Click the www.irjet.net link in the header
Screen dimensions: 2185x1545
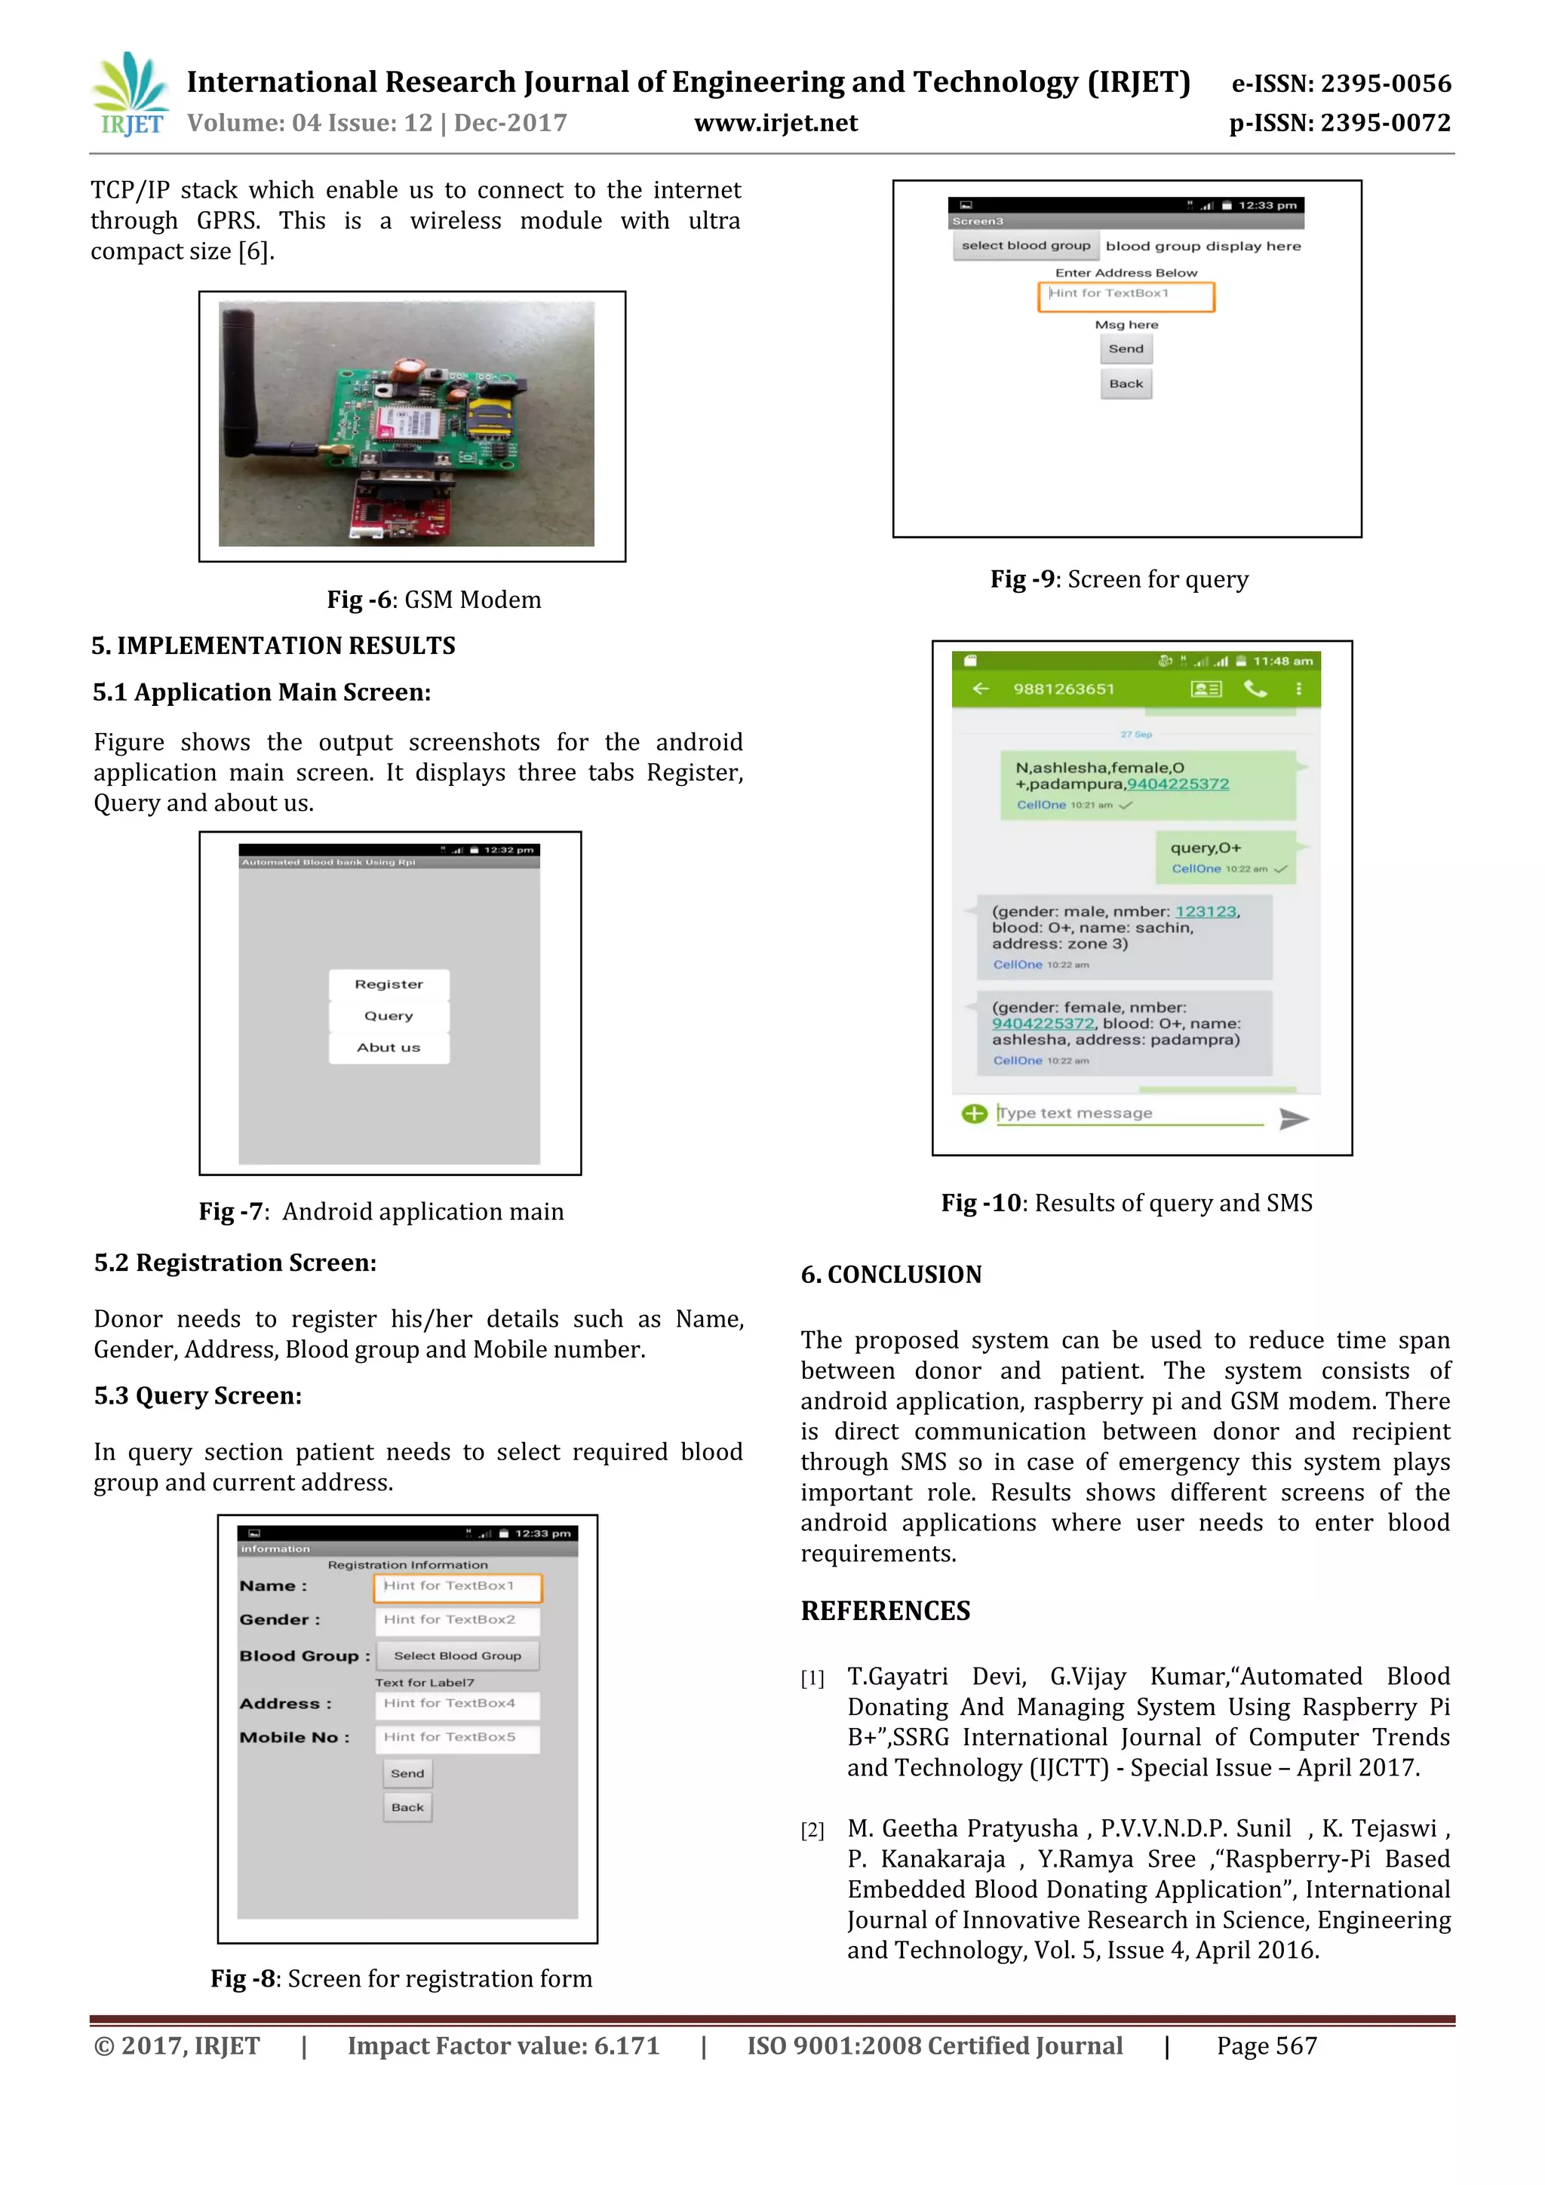point(775,123)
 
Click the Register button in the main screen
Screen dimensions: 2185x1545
point(389,984)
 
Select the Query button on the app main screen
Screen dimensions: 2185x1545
point(389,1015)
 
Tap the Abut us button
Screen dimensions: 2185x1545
point(389,1047)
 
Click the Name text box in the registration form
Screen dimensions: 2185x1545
point(458,1586)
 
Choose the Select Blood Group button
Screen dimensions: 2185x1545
point(458,1656)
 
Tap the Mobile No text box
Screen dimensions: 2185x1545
point(458,1738)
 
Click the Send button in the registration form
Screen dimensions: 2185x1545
point(407,1774)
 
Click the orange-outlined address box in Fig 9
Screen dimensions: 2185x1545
point(1126,296)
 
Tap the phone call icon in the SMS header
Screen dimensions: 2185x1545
point(1255,689)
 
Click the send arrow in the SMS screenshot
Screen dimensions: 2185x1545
point(1293,1119)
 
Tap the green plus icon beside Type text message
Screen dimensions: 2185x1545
point(974,1113)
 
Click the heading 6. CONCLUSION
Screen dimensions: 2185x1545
point(891,1274)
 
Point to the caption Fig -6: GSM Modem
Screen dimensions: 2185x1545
point(434,600)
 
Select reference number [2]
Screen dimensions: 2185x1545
point(812,1830)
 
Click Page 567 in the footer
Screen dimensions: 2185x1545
point(1266,2046)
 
